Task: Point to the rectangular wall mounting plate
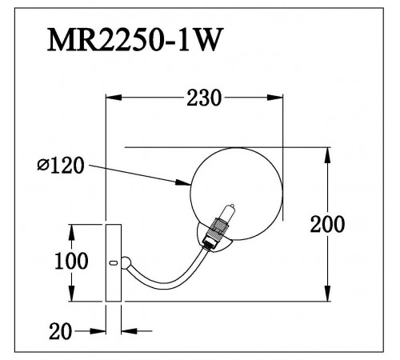[114, 263]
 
